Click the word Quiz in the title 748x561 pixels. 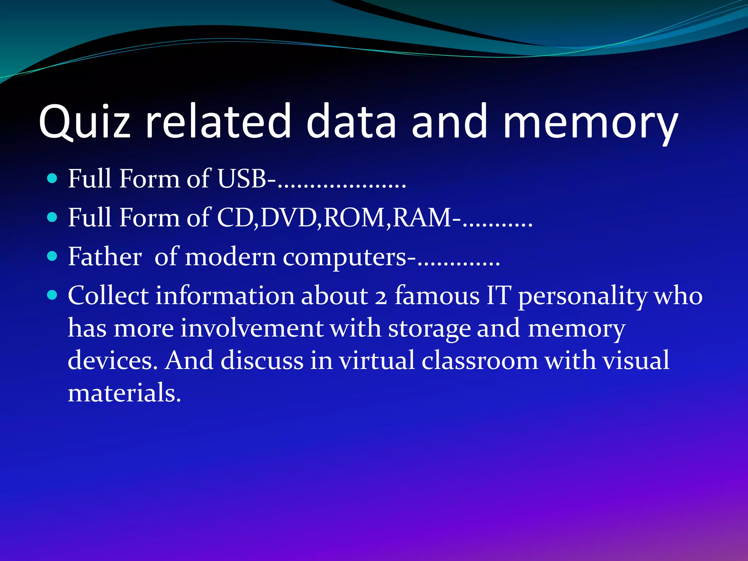point(84,122)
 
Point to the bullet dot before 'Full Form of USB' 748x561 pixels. point(53,179)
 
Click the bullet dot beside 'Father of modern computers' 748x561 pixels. point(53,256)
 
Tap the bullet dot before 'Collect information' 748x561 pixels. point(53,295)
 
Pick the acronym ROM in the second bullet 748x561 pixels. point(354,218)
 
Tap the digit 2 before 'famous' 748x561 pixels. point(381,297)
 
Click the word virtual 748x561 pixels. point(377,360)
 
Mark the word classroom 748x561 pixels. point(480,360)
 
